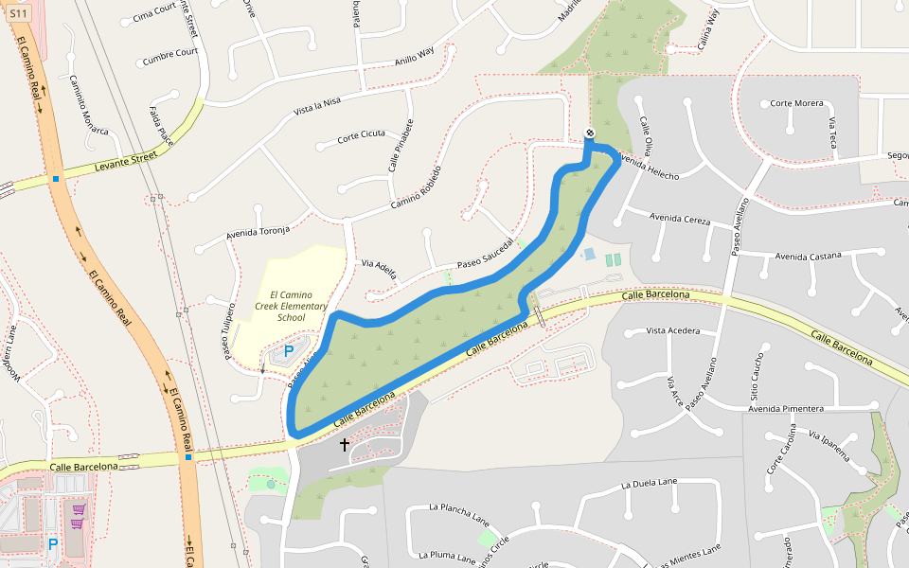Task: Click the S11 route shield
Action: coord(20,13)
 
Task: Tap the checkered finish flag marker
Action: coord(589,133)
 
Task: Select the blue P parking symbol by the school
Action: coord(288,351)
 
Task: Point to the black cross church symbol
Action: coord(344,443)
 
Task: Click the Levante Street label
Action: coord(125,163)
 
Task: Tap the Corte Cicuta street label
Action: coord(362,135)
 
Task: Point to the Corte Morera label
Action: coord(796,103)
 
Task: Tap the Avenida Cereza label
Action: coord(680,219)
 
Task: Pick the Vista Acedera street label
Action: coord(672,330)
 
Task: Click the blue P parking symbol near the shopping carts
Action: coord(53,544)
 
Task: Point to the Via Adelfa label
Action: coord(379,267)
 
